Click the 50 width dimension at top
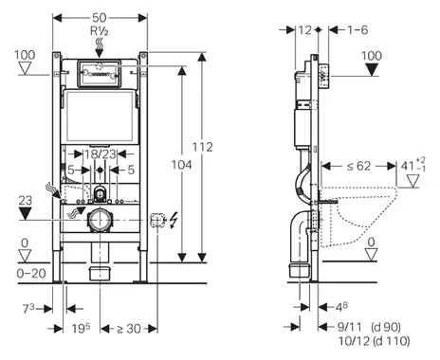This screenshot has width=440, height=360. click(100, 18)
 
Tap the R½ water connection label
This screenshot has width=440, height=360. click(100, 31)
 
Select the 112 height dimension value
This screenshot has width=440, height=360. click(202, 147)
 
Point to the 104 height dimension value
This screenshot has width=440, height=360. click(181, 165)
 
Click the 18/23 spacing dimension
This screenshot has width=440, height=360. click(100, 154)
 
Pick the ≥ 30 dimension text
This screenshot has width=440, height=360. click(129, 329)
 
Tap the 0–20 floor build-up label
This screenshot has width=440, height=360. click(31, 273)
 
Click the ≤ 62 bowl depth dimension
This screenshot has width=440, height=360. click(358, 166)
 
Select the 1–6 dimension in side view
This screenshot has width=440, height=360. click(357, 30)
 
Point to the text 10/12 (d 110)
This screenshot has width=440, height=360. click(374, 341)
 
